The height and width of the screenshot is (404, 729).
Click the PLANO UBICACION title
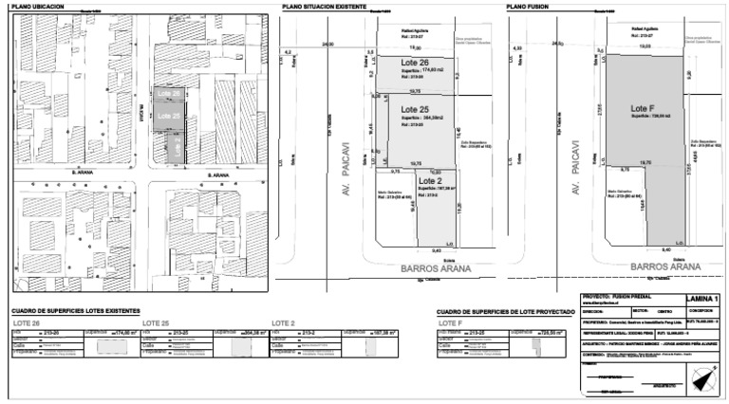coord(37,7)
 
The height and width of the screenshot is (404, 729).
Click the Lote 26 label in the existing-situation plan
coord(415,64)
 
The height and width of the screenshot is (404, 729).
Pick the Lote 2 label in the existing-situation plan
coord(431,180)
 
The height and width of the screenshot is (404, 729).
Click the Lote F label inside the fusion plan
coord(643,108)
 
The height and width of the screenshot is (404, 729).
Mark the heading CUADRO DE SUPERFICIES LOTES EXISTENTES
coord(75,311)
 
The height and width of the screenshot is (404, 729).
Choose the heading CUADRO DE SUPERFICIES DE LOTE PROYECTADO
coord(506,311)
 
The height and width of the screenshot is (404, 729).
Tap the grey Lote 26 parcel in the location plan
coord(169,93)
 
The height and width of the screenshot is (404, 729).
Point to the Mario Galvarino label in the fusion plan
coord(618,192)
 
